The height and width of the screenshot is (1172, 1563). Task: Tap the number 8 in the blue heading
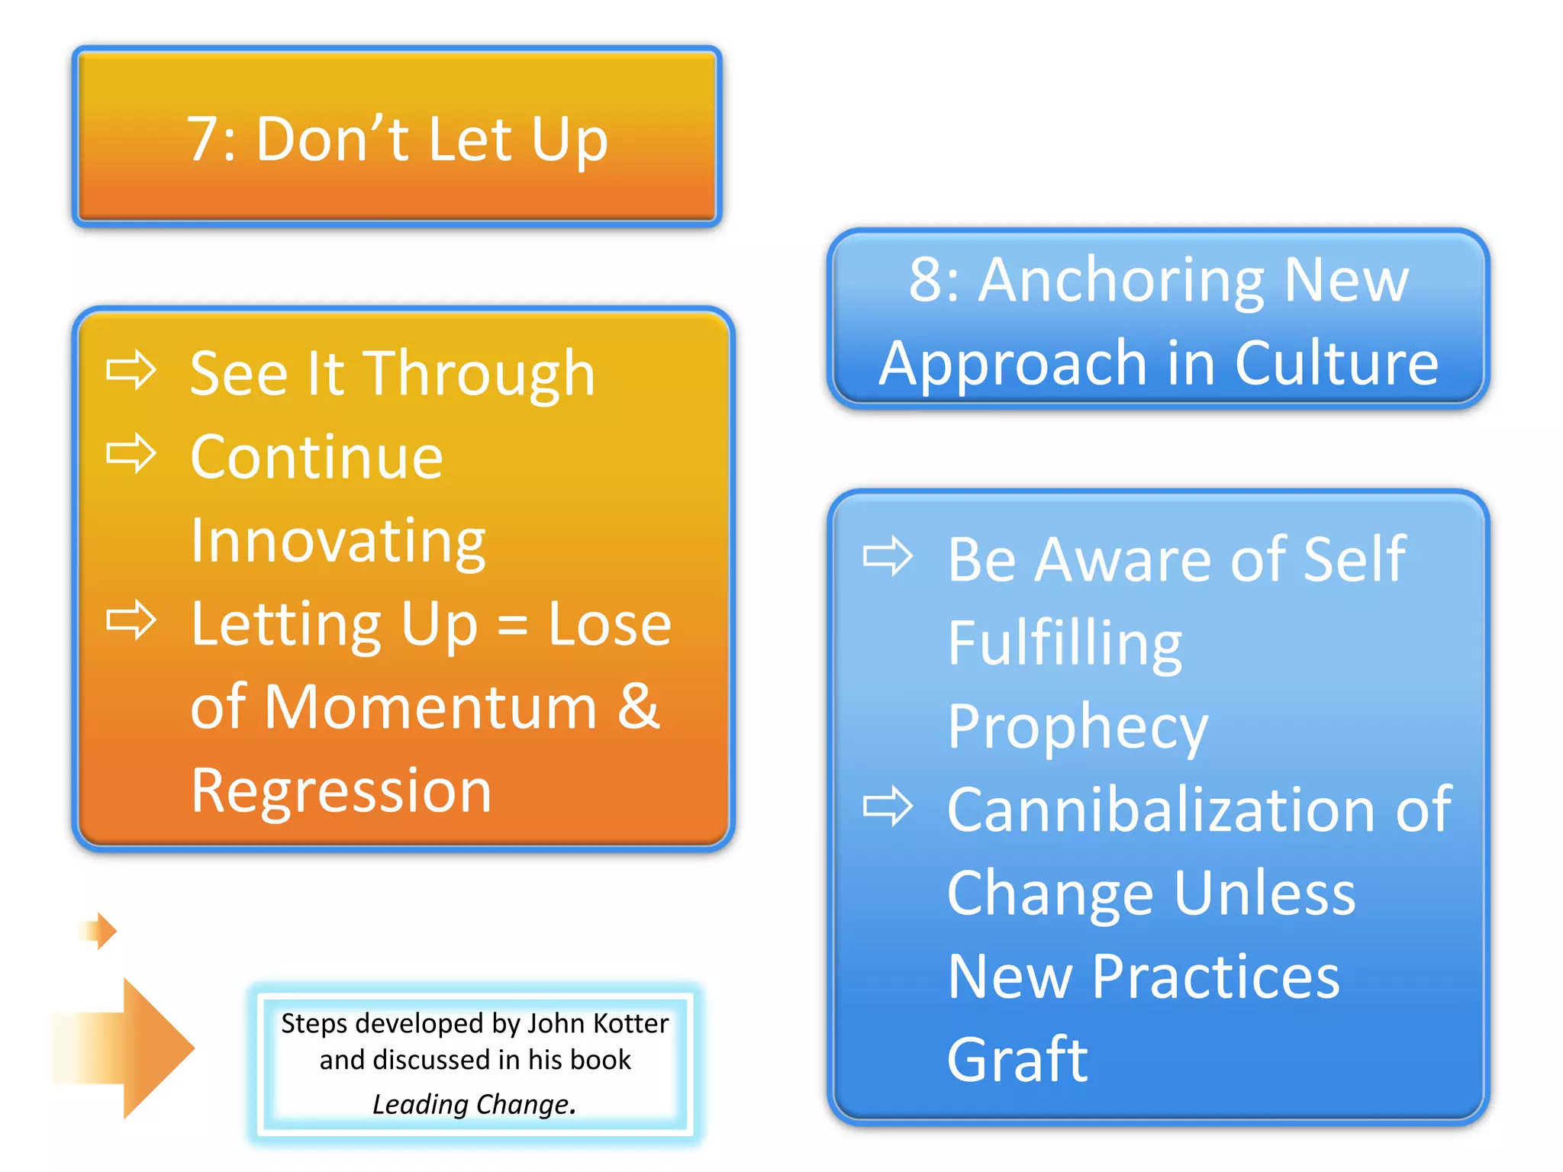[x=927, y=280]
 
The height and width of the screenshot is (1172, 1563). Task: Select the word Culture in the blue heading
[x=1336, y=364]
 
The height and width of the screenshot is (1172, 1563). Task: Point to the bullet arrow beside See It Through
[x=131, y=370]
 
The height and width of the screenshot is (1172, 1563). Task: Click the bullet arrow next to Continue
[x=131, y=453]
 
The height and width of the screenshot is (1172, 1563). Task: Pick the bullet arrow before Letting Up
[x=131, y=620]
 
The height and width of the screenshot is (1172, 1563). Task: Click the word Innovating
[x=338, y=542]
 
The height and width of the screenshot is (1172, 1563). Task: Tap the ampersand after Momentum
[x=638, y=707]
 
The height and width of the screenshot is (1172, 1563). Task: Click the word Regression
[x=341, y=792]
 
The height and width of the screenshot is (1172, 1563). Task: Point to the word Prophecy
[x=1077, y=727]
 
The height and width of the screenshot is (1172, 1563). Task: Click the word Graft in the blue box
[x=1017, y=1060]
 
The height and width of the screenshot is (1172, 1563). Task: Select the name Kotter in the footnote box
[x=630, y=1024]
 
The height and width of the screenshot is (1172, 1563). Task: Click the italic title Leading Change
[x=474, y=1104]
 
